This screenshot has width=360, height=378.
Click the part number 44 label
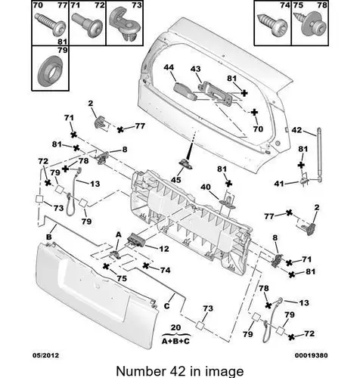click(x=169, y=67)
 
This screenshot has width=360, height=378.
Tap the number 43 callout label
click(x=196, y=69)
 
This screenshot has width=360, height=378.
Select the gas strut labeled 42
click(x=319, y=155)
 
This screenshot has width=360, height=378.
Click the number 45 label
click(x=176, y=180)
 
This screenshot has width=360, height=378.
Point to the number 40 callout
click(x=206, y=187)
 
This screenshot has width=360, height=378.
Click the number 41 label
click(x=279, y=184)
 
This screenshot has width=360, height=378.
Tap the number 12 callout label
click(x=164, y=249)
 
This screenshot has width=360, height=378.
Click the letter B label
click(x=49, y=237)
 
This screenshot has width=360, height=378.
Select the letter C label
click(x=166, y=306)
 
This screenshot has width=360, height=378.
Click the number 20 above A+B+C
click(x=175, y=327)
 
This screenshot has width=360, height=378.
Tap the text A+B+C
click(x=175, y=341)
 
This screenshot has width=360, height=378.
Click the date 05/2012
click(x=45, y=355)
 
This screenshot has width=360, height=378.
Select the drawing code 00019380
click(x=312, y=355)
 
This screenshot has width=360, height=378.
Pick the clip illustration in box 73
click(x=124, y=24)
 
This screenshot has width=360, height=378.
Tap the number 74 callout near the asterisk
click(x=165, y=270)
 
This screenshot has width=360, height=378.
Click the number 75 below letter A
click(x=122, y=278)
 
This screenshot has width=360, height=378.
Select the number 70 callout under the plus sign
click(x=258, y=129)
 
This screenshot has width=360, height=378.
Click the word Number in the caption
click(x=138, y=371)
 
